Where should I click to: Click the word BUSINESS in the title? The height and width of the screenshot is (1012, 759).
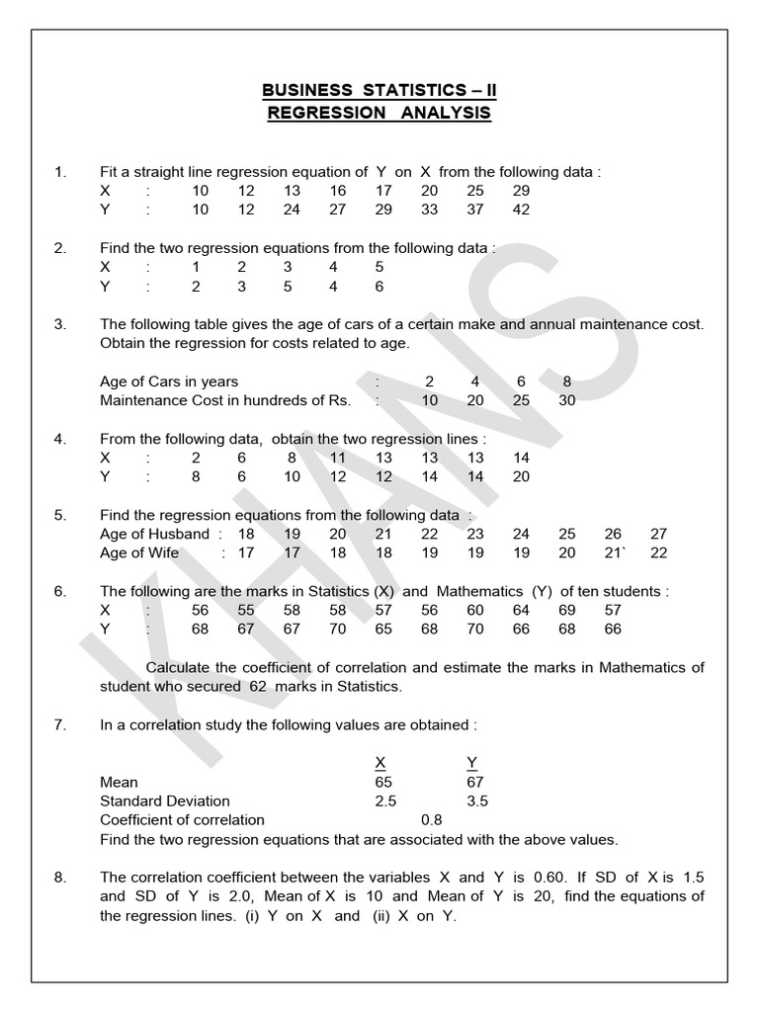click(300, 91)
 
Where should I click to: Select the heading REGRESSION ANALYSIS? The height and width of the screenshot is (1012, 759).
click(379, 113)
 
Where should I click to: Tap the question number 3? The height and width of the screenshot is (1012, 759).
click(59, 324)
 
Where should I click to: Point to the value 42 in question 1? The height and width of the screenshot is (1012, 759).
click(521, 210)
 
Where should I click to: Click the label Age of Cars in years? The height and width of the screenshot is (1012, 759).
click(169, 381)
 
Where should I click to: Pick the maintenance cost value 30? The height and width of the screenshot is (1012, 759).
click(566, 400)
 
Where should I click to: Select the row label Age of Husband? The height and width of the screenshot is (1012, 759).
click(156, 534)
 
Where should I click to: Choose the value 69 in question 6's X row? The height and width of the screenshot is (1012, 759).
click(566, 611)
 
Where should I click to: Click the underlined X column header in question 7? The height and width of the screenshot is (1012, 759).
click(380, 762)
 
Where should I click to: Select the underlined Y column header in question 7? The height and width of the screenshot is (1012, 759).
click(470, 762)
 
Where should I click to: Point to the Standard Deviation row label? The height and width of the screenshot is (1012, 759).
click(164, 801)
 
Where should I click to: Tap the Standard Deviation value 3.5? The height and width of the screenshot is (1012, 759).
click(476, 801)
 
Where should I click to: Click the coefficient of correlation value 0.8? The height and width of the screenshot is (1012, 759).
click(432, 819)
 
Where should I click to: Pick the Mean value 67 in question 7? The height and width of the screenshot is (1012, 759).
click(474, 782)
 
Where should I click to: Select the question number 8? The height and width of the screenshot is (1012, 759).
click(59, 877)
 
